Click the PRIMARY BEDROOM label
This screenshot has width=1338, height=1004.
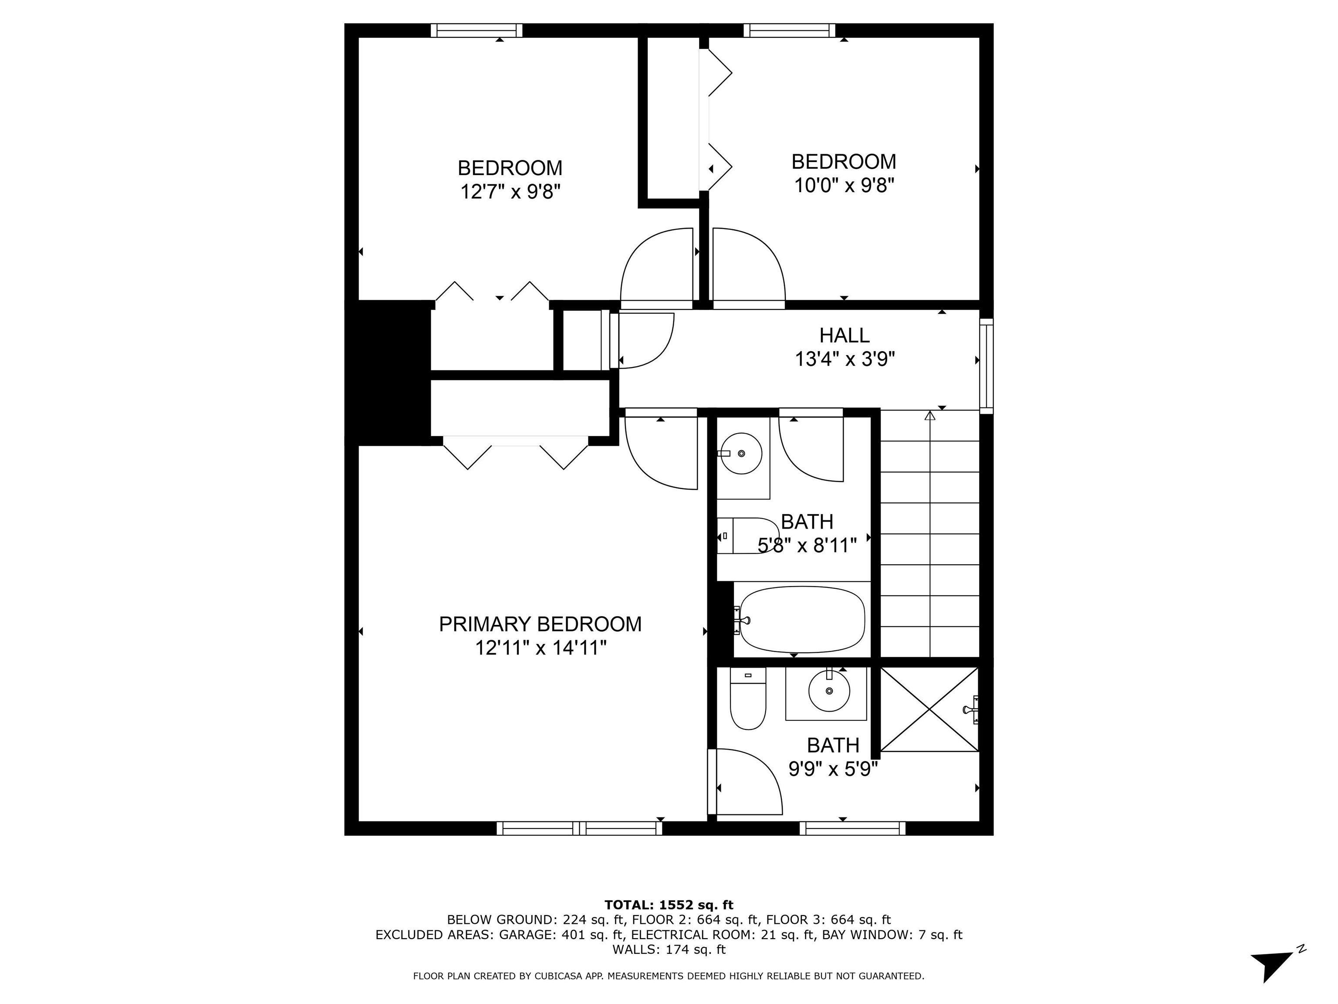(x=540, y=624)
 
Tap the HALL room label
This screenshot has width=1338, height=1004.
(x=845, y=335)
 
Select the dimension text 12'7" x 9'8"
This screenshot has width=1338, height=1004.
(x=510, y=192)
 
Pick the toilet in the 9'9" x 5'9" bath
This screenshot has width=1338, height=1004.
(x=748, y=699)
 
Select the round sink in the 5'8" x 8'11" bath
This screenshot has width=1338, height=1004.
(x=742, y=453)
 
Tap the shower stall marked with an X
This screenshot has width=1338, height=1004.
(x=929, y=709)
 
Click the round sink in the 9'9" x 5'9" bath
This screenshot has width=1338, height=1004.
(x=829, y=691)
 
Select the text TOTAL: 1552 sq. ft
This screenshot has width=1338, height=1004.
(x=669, y=905)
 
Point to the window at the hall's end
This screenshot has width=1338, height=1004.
(x=986, y=366)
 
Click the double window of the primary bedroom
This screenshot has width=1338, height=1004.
(x=579, y=828)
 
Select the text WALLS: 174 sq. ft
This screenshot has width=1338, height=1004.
(x=669, y=950)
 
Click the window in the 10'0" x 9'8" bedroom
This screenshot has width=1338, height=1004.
(x=789, y=30)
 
